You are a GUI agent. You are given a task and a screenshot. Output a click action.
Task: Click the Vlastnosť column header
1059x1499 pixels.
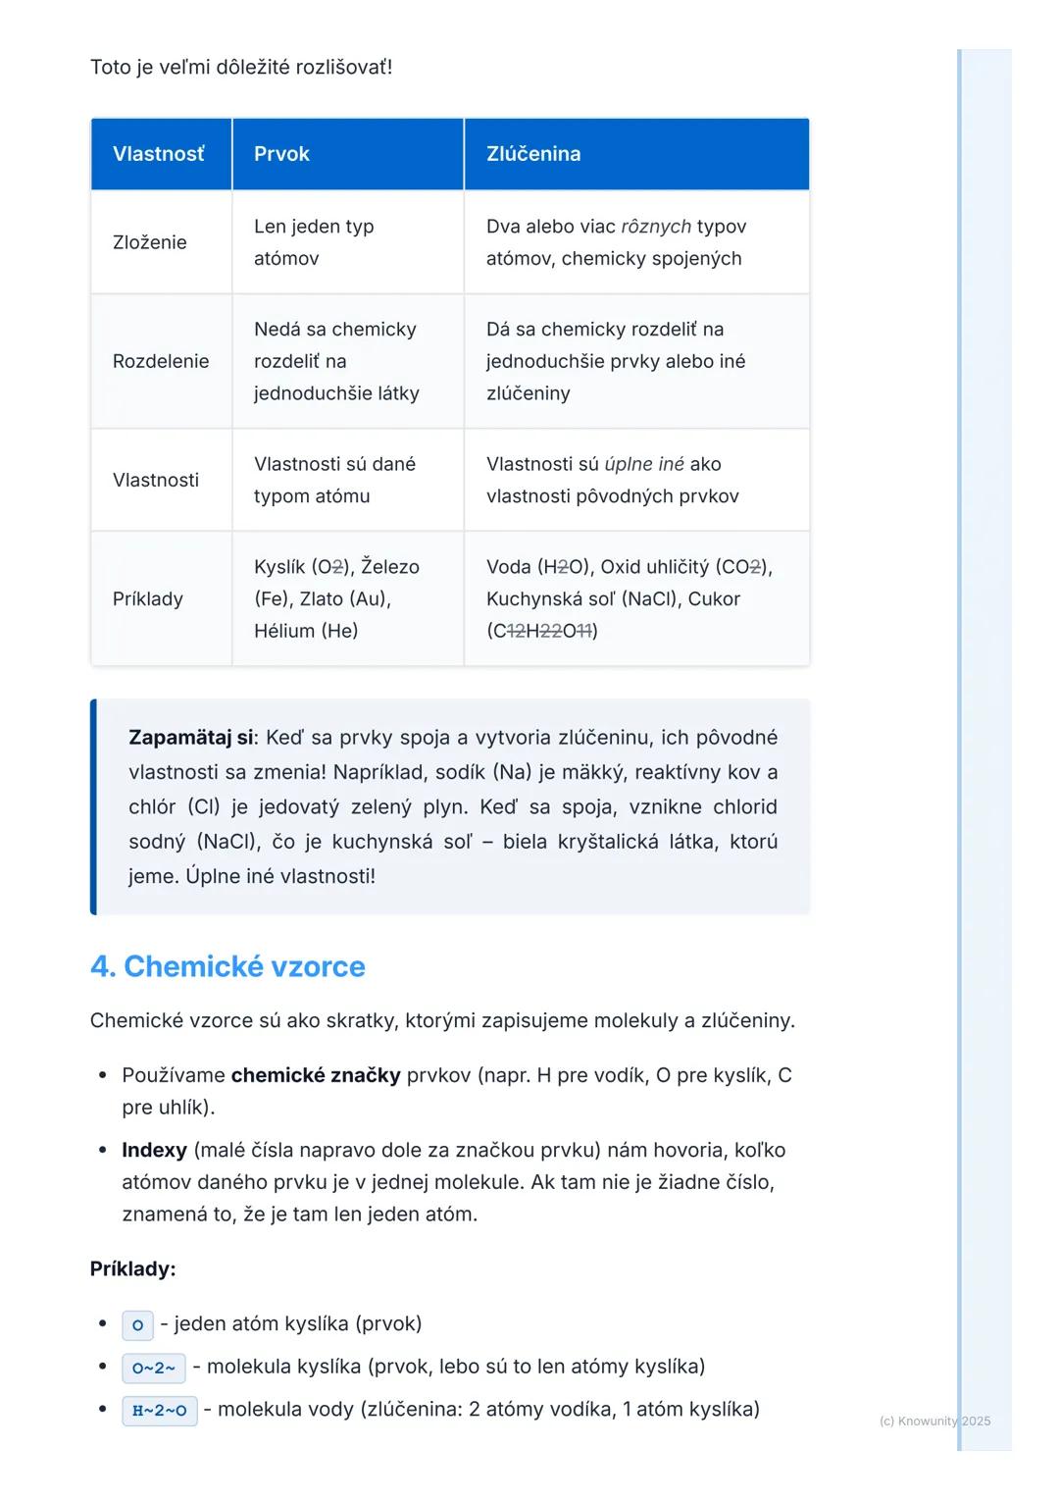159,154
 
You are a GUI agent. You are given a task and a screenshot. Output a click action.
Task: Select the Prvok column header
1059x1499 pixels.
281,154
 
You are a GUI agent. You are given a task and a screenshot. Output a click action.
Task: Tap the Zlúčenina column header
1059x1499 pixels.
533,154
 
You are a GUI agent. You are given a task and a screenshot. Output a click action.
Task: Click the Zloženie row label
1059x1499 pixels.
149,242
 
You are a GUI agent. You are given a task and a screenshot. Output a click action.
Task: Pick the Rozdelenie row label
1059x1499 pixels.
161,361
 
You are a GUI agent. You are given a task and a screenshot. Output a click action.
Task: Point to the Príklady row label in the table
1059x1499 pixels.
148,598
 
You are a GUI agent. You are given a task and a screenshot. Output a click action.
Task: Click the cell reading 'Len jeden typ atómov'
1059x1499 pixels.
314,242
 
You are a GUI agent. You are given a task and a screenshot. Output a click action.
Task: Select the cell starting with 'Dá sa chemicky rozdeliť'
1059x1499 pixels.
616,361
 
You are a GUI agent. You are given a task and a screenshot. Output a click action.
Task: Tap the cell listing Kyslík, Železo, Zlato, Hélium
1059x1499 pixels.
336,598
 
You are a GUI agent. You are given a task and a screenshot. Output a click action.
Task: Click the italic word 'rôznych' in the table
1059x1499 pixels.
656,227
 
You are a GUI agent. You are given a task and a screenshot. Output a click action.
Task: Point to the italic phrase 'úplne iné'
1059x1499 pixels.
644,464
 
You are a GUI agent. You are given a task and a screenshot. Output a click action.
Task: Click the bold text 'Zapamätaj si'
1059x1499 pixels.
190,738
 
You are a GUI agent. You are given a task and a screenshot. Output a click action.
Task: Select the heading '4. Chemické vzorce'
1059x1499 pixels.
227,966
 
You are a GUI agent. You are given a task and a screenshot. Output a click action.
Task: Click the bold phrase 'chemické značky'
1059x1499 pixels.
316,1075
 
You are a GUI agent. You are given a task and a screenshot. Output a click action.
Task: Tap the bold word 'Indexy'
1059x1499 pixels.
154,1150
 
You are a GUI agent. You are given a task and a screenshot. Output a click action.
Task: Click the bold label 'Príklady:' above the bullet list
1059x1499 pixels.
132,1268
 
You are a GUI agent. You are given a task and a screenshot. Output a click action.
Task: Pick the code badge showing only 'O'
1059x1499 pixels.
137,1325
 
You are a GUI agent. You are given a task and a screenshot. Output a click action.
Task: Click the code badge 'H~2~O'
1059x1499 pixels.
159,1411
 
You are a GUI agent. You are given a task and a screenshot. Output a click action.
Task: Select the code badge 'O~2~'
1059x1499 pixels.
154,1368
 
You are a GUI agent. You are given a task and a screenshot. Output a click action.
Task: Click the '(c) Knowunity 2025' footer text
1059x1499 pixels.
934,1421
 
